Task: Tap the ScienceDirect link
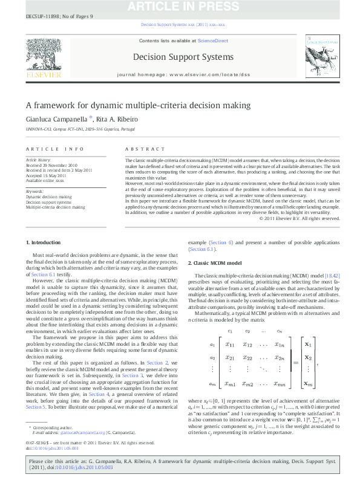(x=212, y=41)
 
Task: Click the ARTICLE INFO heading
(x=54, y=149)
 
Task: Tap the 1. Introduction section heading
(x=43, y=259)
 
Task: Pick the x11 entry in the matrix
(x=231, y=345)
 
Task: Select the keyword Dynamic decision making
(x=48, y=196)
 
